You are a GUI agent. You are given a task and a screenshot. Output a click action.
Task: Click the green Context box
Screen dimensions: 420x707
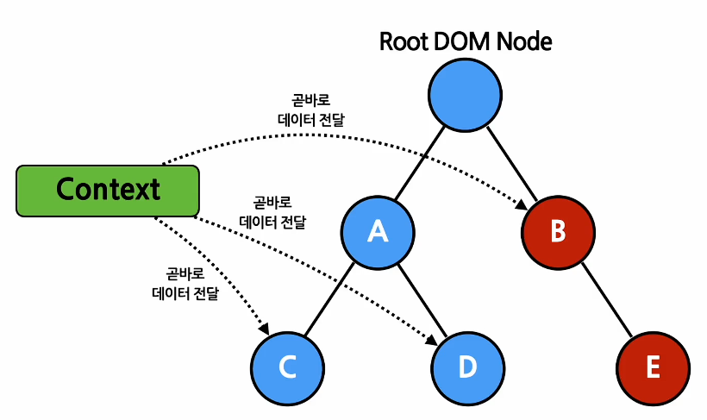point(108,190)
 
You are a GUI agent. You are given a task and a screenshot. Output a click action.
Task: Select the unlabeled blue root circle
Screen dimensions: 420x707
point(465,95)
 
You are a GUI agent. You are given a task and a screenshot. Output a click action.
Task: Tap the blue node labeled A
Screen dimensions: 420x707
point(377,231)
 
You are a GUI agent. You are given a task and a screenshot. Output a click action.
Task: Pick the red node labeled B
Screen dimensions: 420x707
point(558,231)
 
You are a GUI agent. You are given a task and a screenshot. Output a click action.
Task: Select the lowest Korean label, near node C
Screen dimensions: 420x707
point(185,285)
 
